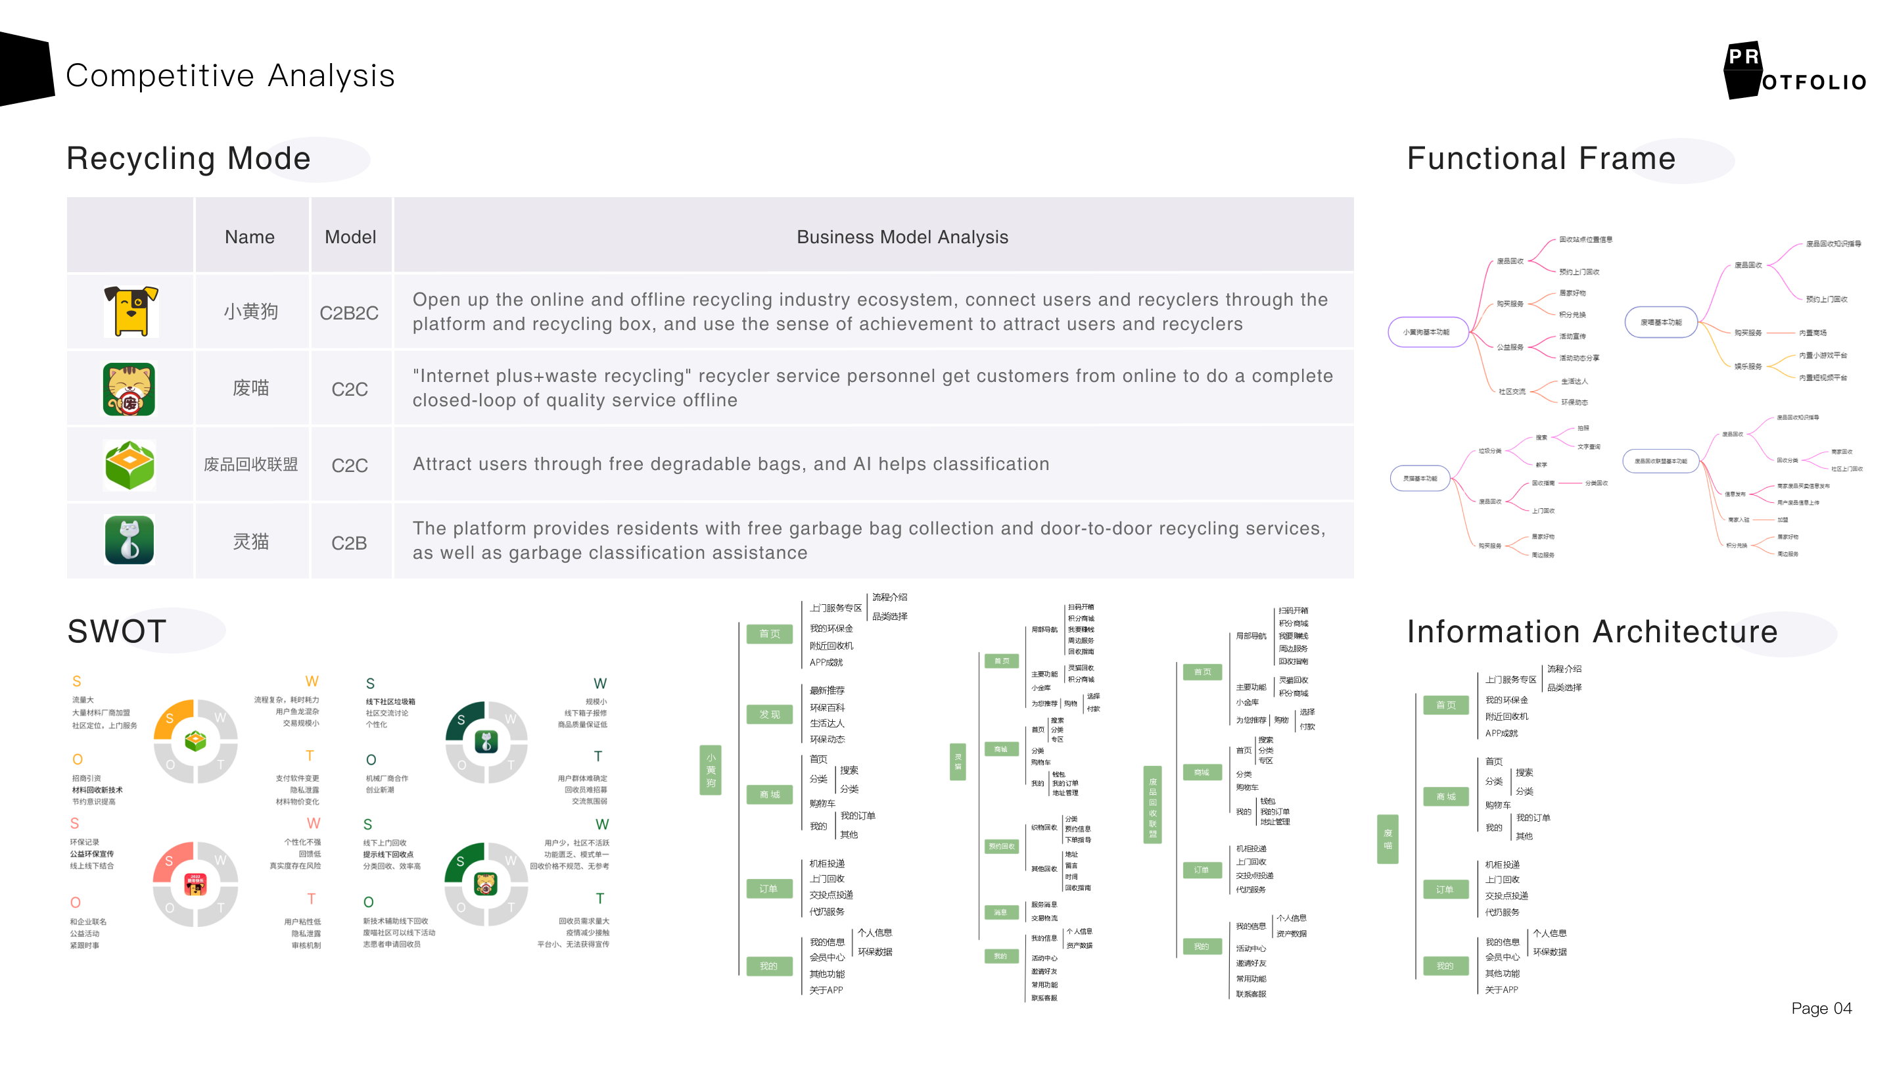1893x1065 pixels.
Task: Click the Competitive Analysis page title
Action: point(230,76)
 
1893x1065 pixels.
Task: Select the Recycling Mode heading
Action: point(189,158)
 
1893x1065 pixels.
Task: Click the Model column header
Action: point(350,237)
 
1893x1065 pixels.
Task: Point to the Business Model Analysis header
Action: point(902,237)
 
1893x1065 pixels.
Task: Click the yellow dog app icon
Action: point(131,312)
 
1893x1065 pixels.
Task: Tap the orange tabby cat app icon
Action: point(129,389)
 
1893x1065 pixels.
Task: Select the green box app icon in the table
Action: point(130,465)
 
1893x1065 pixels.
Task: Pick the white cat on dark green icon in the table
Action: point(130,540)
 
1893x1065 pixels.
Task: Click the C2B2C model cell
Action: point(349,313)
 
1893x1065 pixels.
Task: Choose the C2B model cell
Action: point(349,543)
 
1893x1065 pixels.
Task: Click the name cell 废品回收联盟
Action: point(250,465)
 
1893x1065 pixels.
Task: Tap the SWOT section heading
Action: point(117,631)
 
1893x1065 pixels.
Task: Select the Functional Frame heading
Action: point(1540,158)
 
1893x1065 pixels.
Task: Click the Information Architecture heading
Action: point(1592,631)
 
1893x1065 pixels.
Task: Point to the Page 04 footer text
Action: point(1821,1008)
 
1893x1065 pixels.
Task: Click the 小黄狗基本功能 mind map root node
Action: point(1426,332)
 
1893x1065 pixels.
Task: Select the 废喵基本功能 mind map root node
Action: point(1661,322)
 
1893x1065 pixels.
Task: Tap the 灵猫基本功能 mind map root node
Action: point(1420,479)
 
